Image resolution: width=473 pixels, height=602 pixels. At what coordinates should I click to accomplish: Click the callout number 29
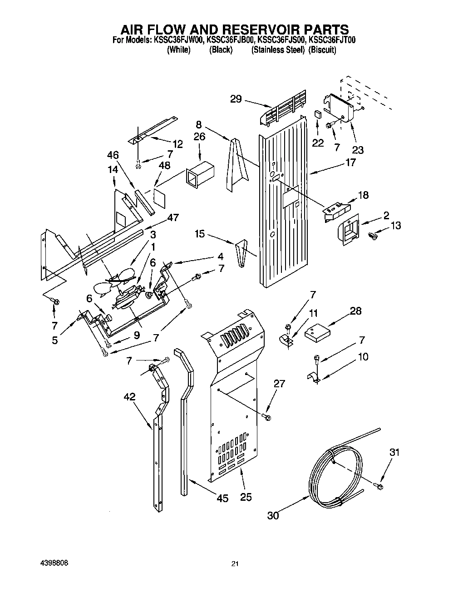(x=236, y=99)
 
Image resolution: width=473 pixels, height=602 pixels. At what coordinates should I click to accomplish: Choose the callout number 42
(x=129, y=396)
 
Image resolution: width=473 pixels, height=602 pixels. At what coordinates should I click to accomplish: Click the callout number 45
(x=222, y=498)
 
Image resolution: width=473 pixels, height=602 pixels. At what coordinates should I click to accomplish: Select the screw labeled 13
(x=374, y=236)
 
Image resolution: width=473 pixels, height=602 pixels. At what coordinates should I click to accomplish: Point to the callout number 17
(x=350, y=162)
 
